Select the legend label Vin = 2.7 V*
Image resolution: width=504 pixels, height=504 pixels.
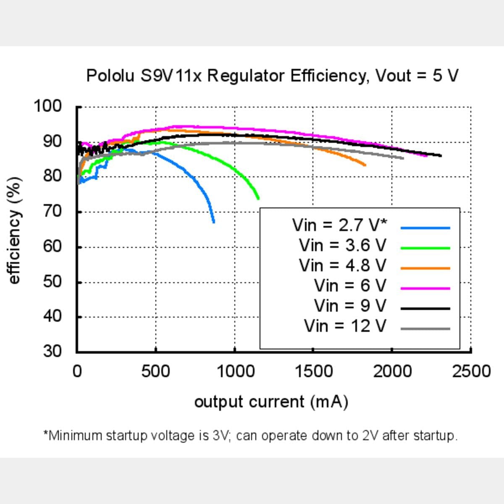click(x=339, y=225)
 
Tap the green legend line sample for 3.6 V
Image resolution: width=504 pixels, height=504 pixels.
click(x=425, y=248)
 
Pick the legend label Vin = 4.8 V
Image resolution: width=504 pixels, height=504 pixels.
click(x=342, y=265)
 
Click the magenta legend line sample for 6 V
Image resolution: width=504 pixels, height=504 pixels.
click(x=425, y=289)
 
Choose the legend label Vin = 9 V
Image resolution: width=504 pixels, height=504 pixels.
click(x=350, y=306)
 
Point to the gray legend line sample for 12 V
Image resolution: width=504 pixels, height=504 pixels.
click(x=425, y=329)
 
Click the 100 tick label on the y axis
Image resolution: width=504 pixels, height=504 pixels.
click(x=47, y=106)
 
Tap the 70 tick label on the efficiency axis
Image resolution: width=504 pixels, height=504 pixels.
click(x=52, y=211)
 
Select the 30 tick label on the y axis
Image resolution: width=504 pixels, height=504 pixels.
click(x=52, y=351)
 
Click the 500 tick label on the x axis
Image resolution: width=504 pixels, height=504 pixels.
click(x=155, y=372)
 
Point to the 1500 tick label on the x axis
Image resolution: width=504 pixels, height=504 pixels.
click(x=313, y=372)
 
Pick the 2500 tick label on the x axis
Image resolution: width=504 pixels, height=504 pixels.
click(x=471, y=372)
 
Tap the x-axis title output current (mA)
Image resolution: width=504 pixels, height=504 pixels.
click(x=271, y=402)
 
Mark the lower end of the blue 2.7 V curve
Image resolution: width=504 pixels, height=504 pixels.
click(x=214, y=222)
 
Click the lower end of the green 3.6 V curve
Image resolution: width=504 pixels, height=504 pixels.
click(x=258, y=198)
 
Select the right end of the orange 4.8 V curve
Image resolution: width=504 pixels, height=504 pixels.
click(x=365, y=165)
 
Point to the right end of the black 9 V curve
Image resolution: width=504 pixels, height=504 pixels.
click(x=440, y=156)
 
